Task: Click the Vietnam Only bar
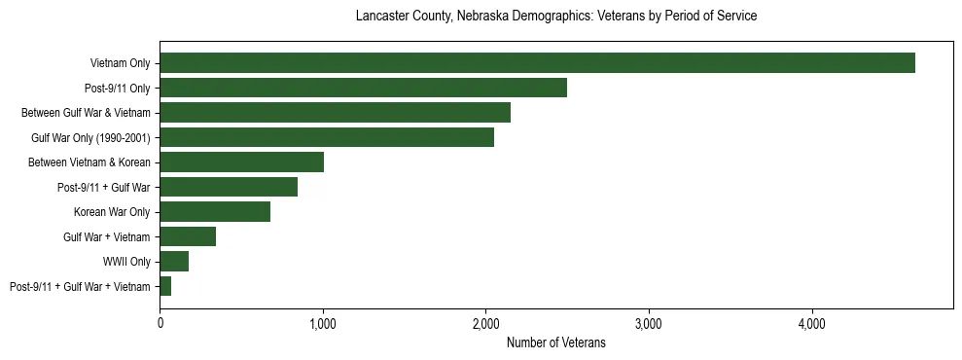tap(537, 63)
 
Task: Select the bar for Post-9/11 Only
tap(363, 89)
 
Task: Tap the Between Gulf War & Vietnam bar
tap(335, 113)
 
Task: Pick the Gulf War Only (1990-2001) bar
tap(327, 138)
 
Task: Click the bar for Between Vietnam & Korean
tap(241, 162)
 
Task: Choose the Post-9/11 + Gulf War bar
tap(229, 187)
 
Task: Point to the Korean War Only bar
tap(215, 212)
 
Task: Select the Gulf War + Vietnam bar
tap(188, 236)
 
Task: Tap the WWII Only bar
tap(174, 262)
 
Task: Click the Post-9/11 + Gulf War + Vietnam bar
tap(165, 286)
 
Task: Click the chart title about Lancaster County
tap(556, 17)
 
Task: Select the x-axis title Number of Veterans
tap(556, 342)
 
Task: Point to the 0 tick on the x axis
tap(160, 323)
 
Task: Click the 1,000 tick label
tap(323, 323)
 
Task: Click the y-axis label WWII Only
tap(126, 262)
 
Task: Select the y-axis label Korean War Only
tap(112, 212)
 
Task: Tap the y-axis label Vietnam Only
tap(120, 63)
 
